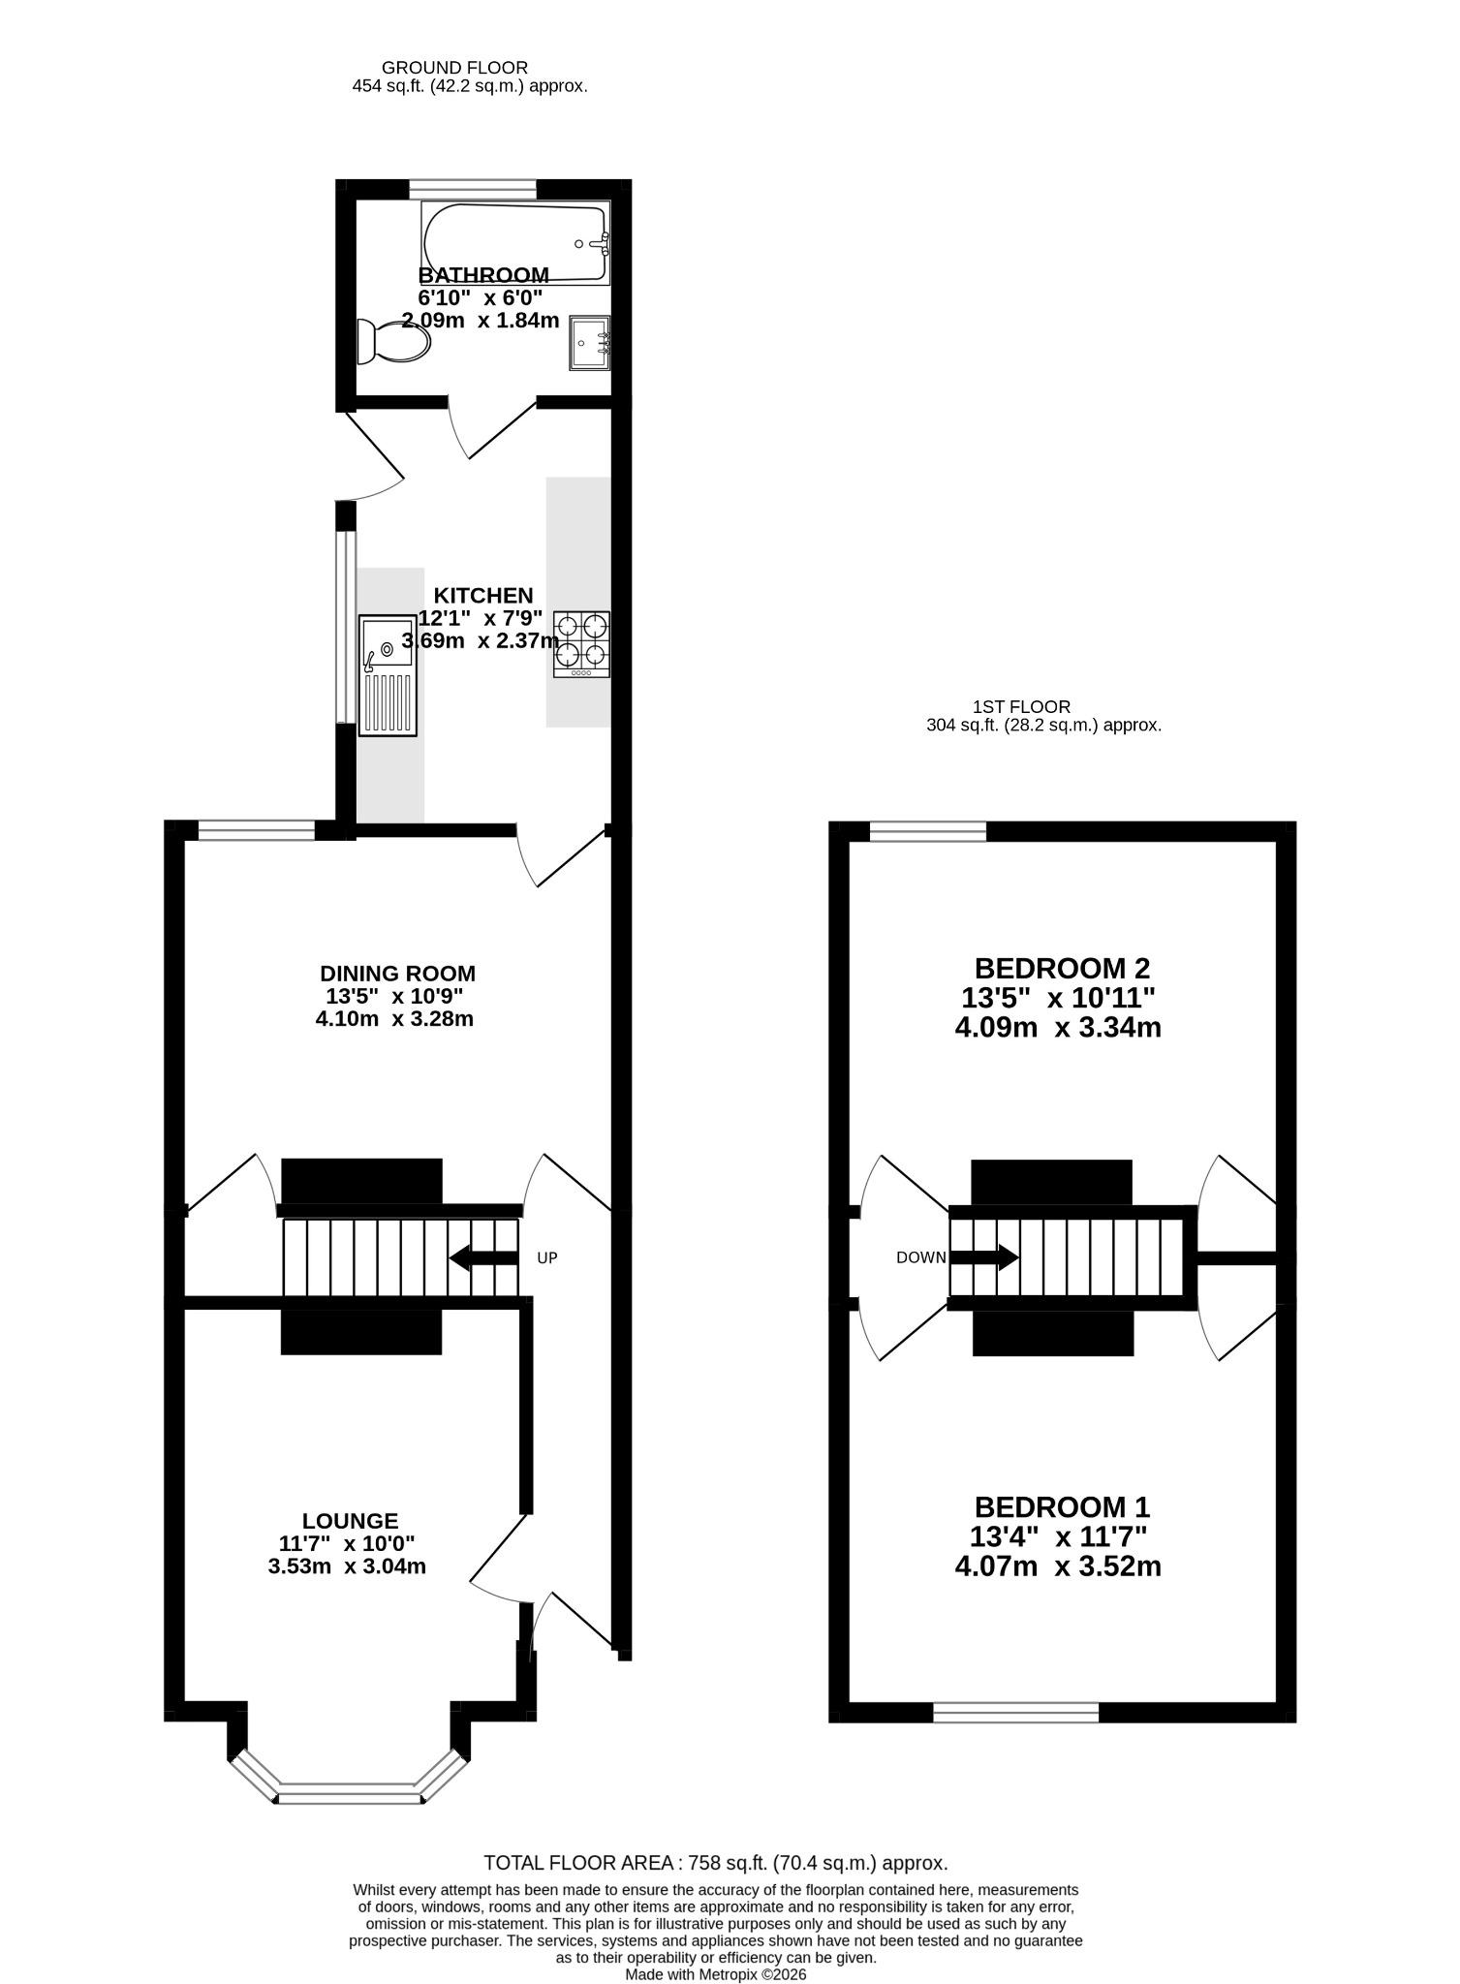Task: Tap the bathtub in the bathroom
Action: (515, 242)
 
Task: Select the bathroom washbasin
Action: (589, 342)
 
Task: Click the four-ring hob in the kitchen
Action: (581, 644)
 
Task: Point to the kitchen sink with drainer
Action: (388, 676)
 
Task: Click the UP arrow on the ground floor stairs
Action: (484, 1258)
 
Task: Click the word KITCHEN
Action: (483, 596)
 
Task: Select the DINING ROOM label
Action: (398, 974)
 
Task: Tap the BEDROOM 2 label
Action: (1062, 968)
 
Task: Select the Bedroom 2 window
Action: (928, 831)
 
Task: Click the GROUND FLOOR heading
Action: (455, 68)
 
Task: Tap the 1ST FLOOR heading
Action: (1022, 707)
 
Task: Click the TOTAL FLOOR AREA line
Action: (716, 1862)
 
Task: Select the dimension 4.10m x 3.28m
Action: (394, 1018)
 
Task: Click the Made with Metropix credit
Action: (716, 1973)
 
